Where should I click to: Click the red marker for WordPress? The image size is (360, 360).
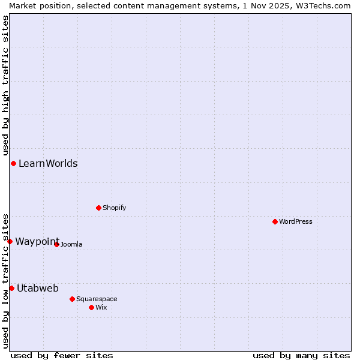(275, 221)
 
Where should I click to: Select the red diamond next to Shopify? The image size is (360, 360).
(98, 208)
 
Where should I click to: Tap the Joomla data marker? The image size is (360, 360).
(56, 244)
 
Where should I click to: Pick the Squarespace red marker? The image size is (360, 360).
(72, 299)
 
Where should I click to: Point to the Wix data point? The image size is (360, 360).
(91, 307)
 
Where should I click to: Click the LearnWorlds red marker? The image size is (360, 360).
(13, 163)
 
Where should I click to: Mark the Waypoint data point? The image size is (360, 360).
(10, 241)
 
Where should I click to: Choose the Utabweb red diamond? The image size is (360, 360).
(11, 288)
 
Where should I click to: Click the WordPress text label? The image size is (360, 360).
(295, 221)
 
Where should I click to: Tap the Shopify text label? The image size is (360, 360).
(114, 208)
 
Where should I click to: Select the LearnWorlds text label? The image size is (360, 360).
(48, 163)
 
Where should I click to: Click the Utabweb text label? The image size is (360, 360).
(38, 288)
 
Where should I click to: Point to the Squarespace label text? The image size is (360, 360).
(97, 299)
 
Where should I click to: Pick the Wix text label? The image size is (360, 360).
(101, 307)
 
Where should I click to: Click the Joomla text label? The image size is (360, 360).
(71, 244)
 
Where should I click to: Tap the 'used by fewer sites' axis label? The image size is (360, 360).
(62, 355)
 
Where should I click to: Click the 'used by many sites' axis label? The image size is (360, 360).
(301, 355)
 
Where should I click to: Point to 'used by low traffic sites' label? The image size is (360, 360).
(5, 280)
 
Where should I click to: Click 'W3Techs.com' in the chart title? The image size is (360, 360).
(320, 5)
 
